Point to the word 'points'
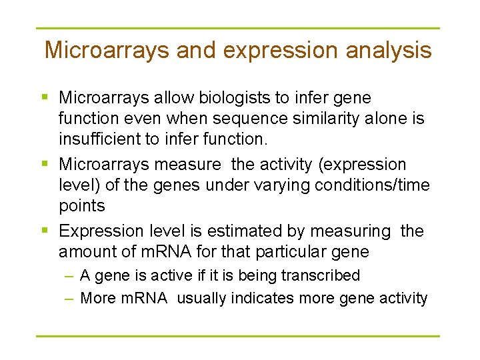(x=81, y=206)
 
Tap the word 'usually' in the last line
(x=201, y=298)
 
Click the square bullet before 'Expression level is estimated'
(x=44, y=231)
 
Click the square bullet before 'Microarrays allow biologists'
(x=44, y=98)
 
